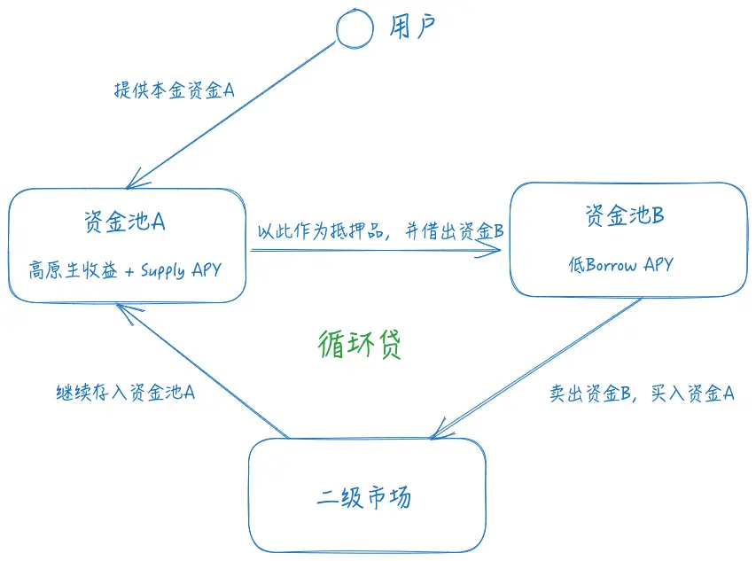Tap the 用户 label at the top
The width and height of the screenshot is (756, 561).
pyautogui.click(x=414, y=28)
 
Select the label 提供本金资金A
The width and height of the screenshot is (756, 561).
pyautogui.click(x=174, y=90)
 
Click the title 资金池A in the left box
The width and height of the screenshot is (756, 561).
pyautogui.click(x=124, y=221)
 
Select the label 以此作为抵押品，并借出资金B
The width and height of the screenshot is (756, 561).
pyautogui.click(x=380, y=232)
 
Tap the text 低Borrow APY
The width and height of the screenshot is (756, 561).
pyautogui.click(x=620, y=264)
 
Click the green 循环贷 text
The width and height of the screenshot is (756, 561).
pyautogui.click(x=359, y=344)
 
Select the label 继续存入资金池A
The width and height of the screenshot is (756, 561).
pyautogui.click(x=125, y=392)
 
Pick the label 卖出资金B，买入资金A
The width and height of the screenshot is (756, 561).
pyautogui.click(x=642, y=393)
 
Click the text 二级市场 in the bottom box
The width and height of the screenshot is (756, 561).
pyautogui.click(x=364, y=497)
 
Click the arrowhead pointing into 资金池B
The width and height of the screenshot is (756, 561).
pyautogui.click(x=498, y=251)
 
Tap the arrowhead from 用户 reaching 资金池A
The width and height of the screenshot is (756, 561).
pyautogui.click(x=133, y=183)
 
